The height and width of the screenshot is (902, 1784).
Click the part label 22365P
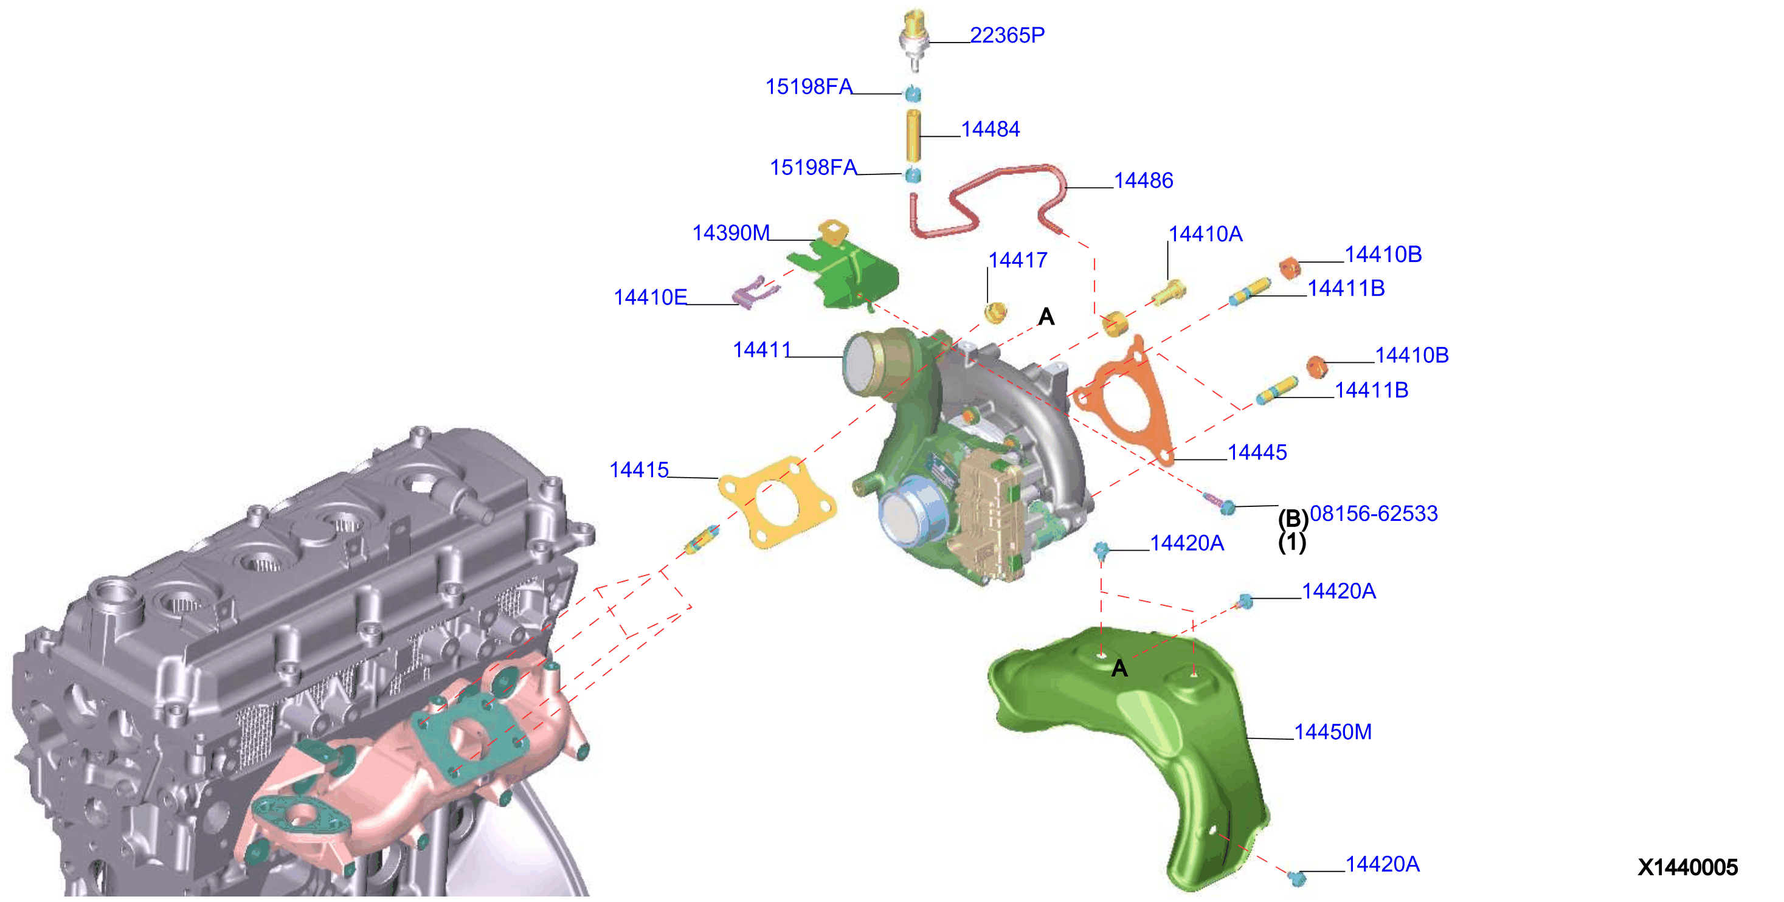[x=1007, y=35]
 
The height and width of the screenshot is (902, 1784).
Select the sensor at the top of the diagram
[x=914, y=39]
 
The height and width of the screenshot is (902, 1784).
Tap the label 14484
[x=991, y=129]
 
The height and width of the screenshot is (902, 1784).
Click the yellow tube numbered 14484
[x=913, y=136]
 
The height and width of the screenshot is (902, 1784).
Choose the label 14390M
[x=731, y=233]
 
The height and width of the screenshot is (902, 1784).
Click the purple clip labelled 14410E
[x=755, y=292]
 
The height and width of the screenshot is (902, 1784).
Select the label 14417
[x=1017, y=260]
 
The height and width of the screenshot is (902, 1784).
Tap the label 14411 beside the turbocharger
[x=762, y=349]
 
